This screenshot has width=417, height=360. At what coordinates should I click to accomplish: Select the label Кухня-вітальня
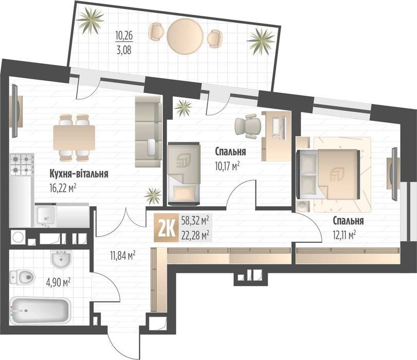pos(78,174)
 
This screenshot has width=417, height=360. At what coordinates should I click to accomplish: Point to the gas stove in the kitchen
pos(22,164)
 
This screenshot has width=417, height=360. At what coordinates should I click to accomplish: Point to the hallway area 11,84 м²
pos(122,254)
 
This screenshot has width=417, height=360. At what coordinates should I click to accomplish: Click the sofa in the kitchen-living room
pos(148,131)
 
